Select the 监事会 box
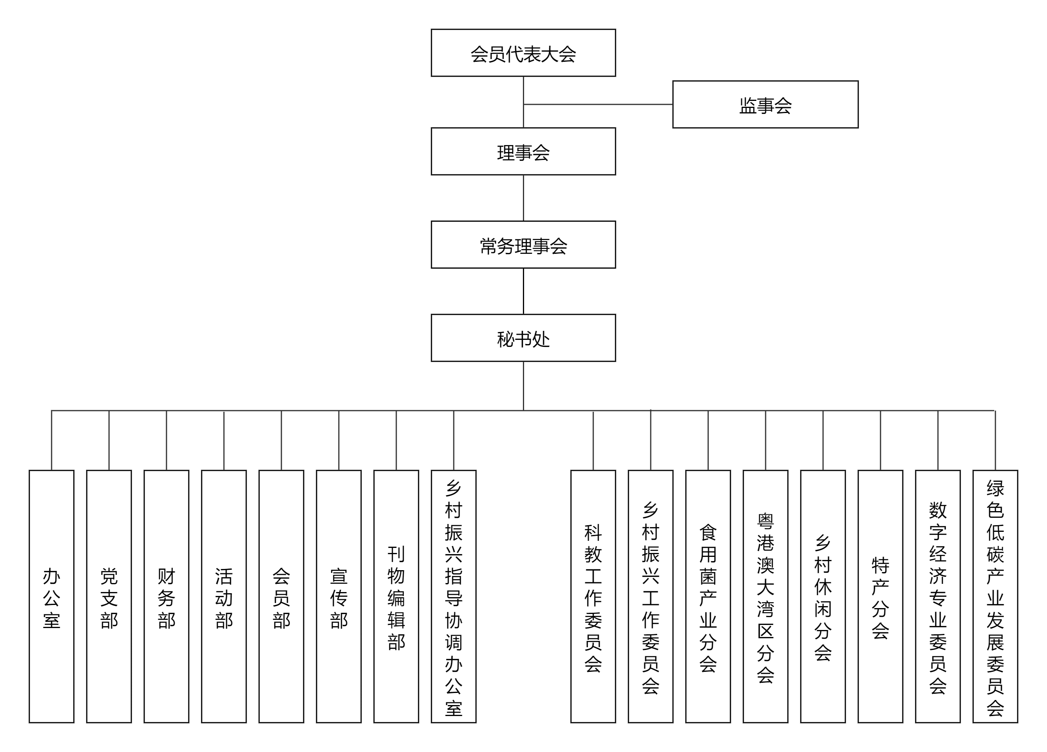(x=765, y=104)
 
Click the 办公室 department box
(x=51, y=596)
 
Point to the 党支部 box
(x=109, y=596)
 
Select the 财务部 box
(x=166, y=596)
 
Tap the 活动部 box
(x=224, y=596)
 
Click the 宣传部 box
(x=339, y=596)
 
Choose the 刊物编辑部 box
(x=396, y=596)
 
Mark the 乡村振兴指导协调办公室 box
(x=453, y=596)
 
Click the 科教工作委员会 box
(x=593, y=596)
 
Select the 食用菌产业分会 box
(x=708, y=596)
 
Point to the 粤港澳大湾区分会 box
(x=765, y=596)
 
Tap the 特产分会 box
(x=881, y=596)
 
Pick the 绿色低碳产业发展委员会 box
(x=995, y=596)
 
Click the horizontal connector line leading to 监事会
(x=598, y=104)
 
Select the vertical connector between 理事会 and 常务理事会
(x=524, y=198)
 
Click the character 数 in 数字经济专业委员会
(x=938, y=510)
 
